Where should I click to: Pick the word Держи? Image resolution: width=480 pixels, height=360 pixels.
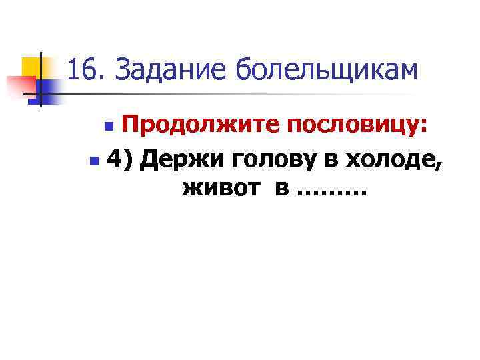coord(176,159)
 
